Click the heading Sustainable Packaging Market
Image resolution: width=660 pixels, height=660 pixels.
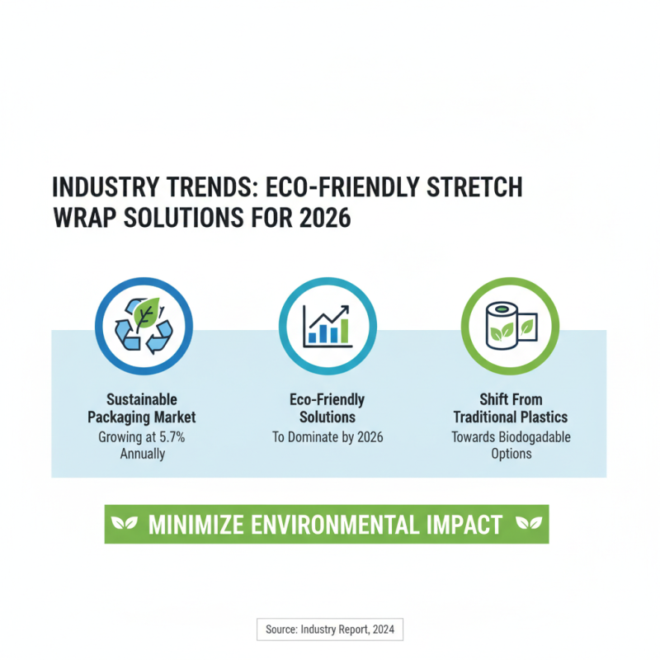click(x=142, y=408)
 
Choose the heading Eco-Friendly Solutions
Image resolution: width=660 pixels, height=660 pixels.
click(x=327, y=408)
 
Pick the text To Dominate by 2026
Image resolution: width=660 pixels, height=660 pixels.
click(x=327, y=436)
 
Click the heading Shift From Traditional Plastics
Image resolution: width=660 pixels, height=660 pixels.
click(x=511, y=408)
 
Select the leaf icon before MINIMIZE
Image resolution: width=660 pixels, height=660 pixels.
click(x=125, y=525)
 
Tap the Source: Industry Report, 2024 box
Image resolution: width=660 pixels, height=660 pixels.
click(x=330, y=629)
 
